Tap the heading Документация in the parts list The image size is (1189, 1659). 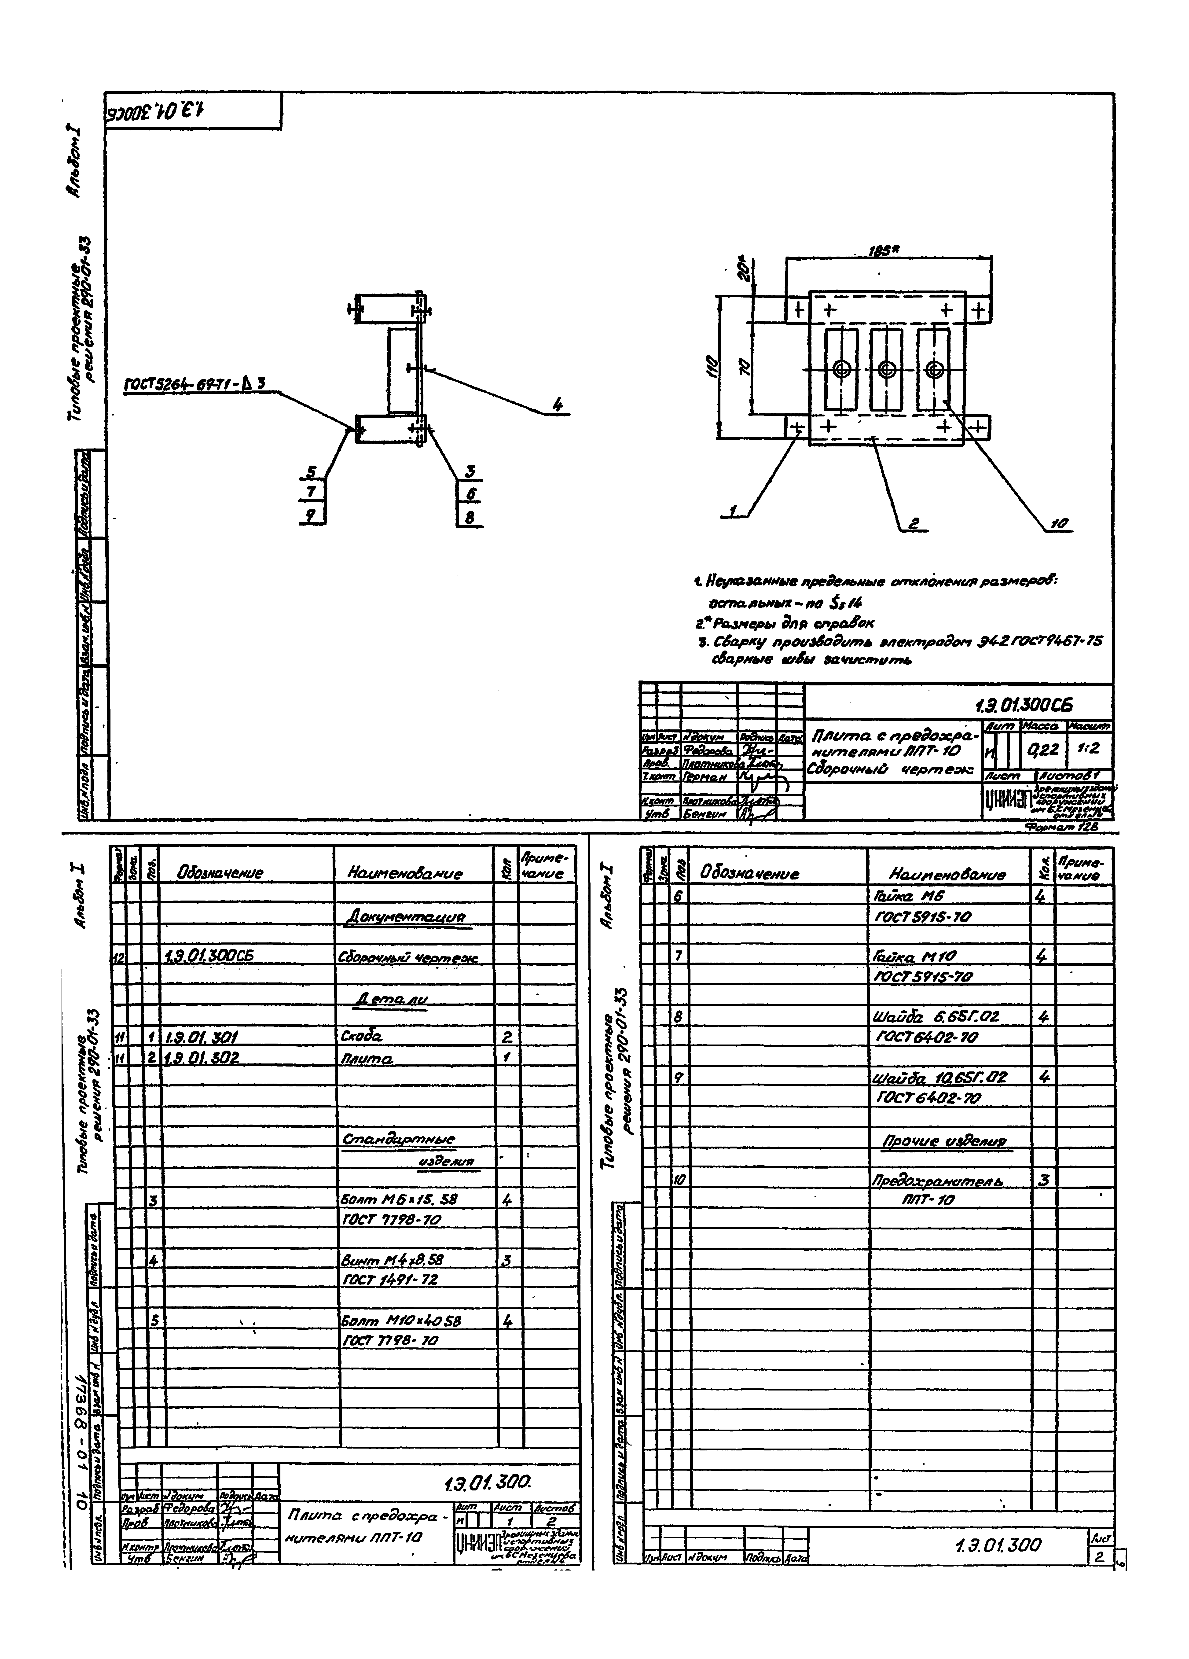[x=404, y=916]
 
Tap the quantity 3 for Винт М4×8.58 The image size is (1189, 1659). [x=507, y=1260]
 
